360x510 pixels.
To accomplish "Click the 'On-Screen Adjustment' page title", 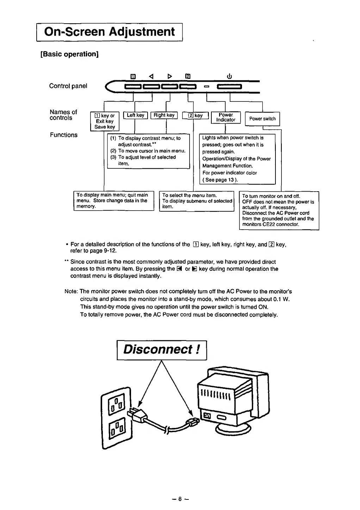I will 109,32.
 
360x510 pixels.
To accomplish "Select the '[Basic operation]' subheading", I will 70,54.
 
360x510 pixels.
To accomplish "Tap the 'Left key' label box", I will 136,115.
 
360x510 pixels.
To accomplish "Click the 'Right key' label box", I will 164,115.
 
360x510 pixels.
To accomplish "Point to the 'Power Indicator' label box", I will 226,117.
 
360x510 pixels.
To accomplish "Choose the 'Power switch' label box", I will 262,119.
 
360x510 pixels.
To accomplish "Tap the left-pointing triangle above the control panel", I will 151,76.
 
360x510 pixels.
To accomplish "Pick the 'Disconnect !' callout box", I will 162,350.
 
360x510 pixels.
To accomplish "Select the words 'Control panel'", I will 68,86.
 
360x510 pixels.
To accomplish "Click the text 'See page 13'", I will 220,180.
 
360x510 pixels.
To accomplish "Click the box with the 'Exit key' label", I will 105,121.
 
